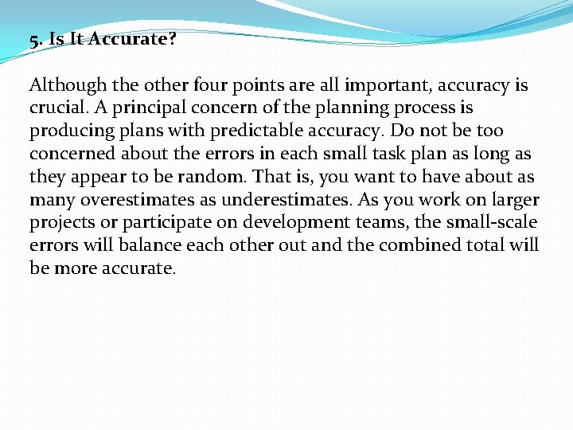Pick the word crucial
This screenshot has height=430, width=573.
tap(58, 107)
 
